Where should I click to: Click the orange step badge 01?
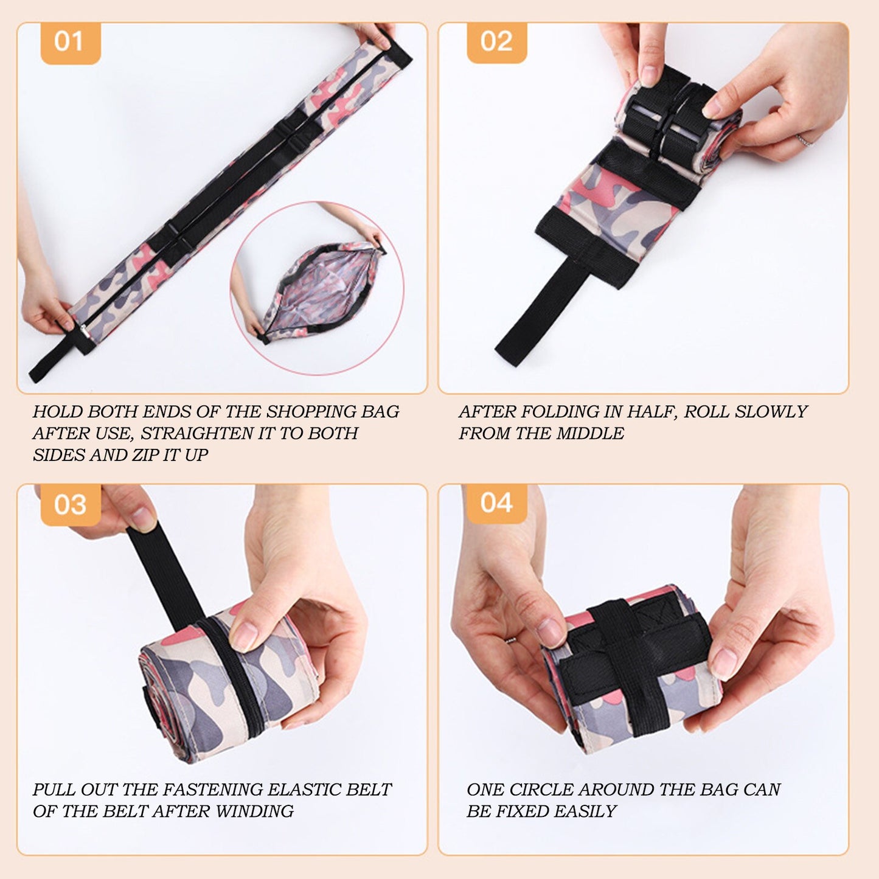69,42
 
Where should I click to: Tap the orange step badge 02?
496,42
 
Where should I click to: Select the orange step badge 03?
70,504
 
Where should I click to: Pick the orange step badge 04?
496,504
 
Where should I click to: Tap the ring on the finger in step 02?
804,141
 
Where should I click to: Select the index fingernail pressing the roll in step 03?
244,636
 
